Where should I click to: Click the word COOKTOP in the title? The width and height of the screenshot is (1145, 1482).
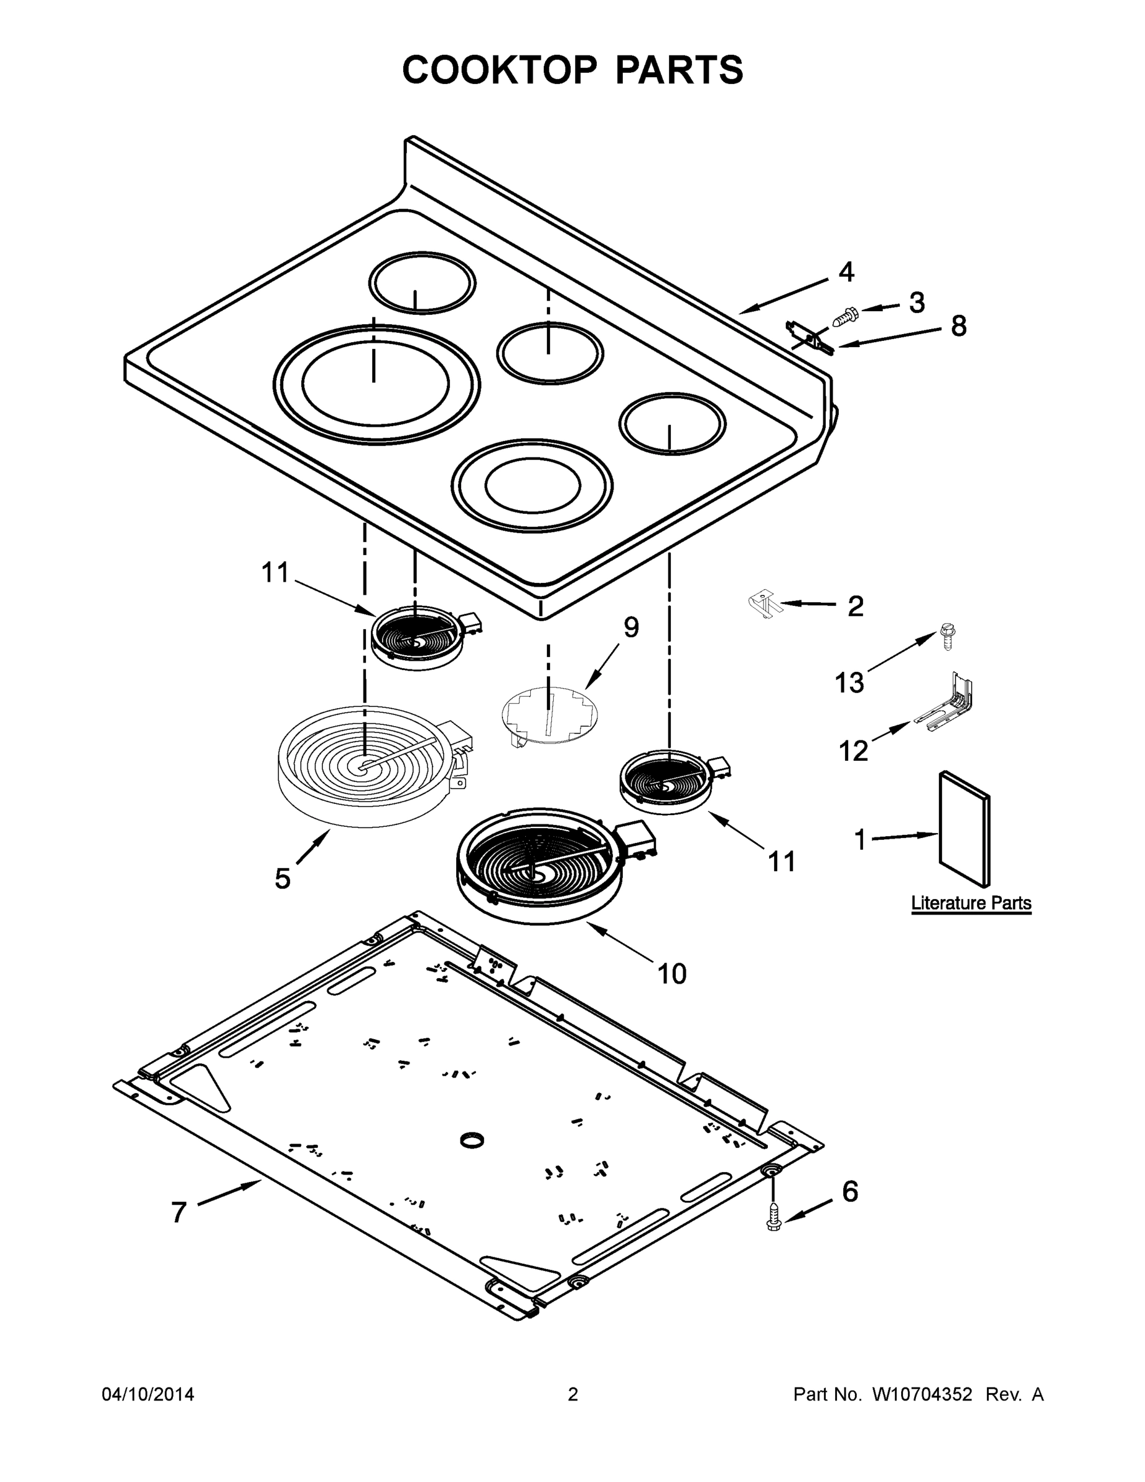click(x=500, y=70)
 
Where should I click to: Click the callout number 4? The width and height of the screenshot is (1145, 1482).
click(x=846, y=272)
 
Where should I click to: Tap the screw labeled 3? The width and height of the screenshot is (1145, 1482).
click(x=844, y=316)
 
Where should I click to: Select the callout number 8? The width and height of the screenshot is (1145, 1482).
click(x=958, y=327)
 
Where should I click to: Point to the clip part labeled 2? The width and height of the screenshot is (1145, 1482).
click(x=764, y=603)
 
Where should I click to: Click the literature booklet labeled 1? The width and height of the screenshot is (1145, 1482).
click(x=964, y=829)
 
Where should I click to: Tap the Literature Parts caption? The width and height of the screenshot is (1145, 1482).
click(x=971, y=903)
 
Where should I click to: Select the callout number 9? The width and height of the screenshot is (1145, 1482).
click(x=631, y=627)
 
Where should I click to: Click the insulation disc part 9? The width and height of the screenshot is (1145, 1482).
click(x=551, y=716)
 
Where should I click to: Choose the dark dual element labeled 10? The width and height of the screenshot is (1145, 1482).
click(x=540, y=866)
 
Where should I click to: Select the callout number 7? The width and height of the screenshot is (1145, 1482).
click(x=178, y=1213)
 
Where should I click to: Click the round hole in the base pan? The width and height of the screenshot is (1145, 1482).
click(x=472, y=1141)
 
